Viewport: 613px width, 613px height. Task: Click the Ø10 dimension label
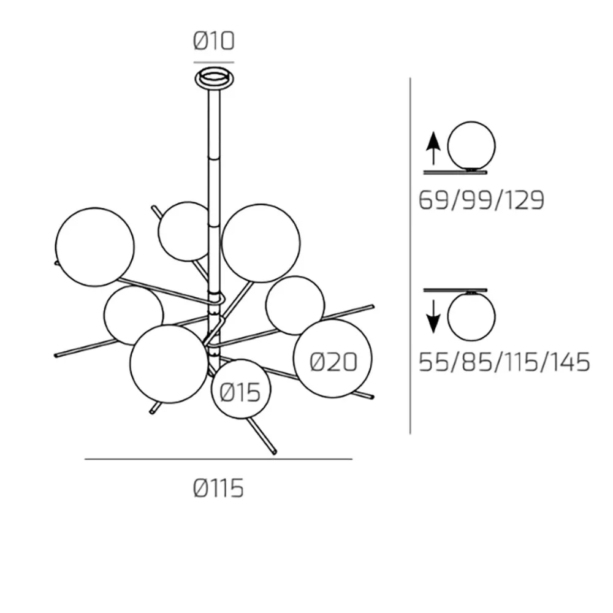pos(214,41)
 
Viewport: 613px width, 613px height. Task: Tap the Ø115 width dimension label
pos(219,489)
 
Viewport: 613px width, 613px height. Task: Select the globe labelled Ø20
pos(333,359)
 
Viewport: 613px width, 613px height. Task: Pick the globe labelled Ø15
pos(241,389)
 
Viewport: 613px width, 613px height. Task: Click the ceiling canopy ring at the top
pos(214,78)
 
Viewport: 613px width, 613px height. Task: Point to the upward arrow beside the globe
pos(433,148)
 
